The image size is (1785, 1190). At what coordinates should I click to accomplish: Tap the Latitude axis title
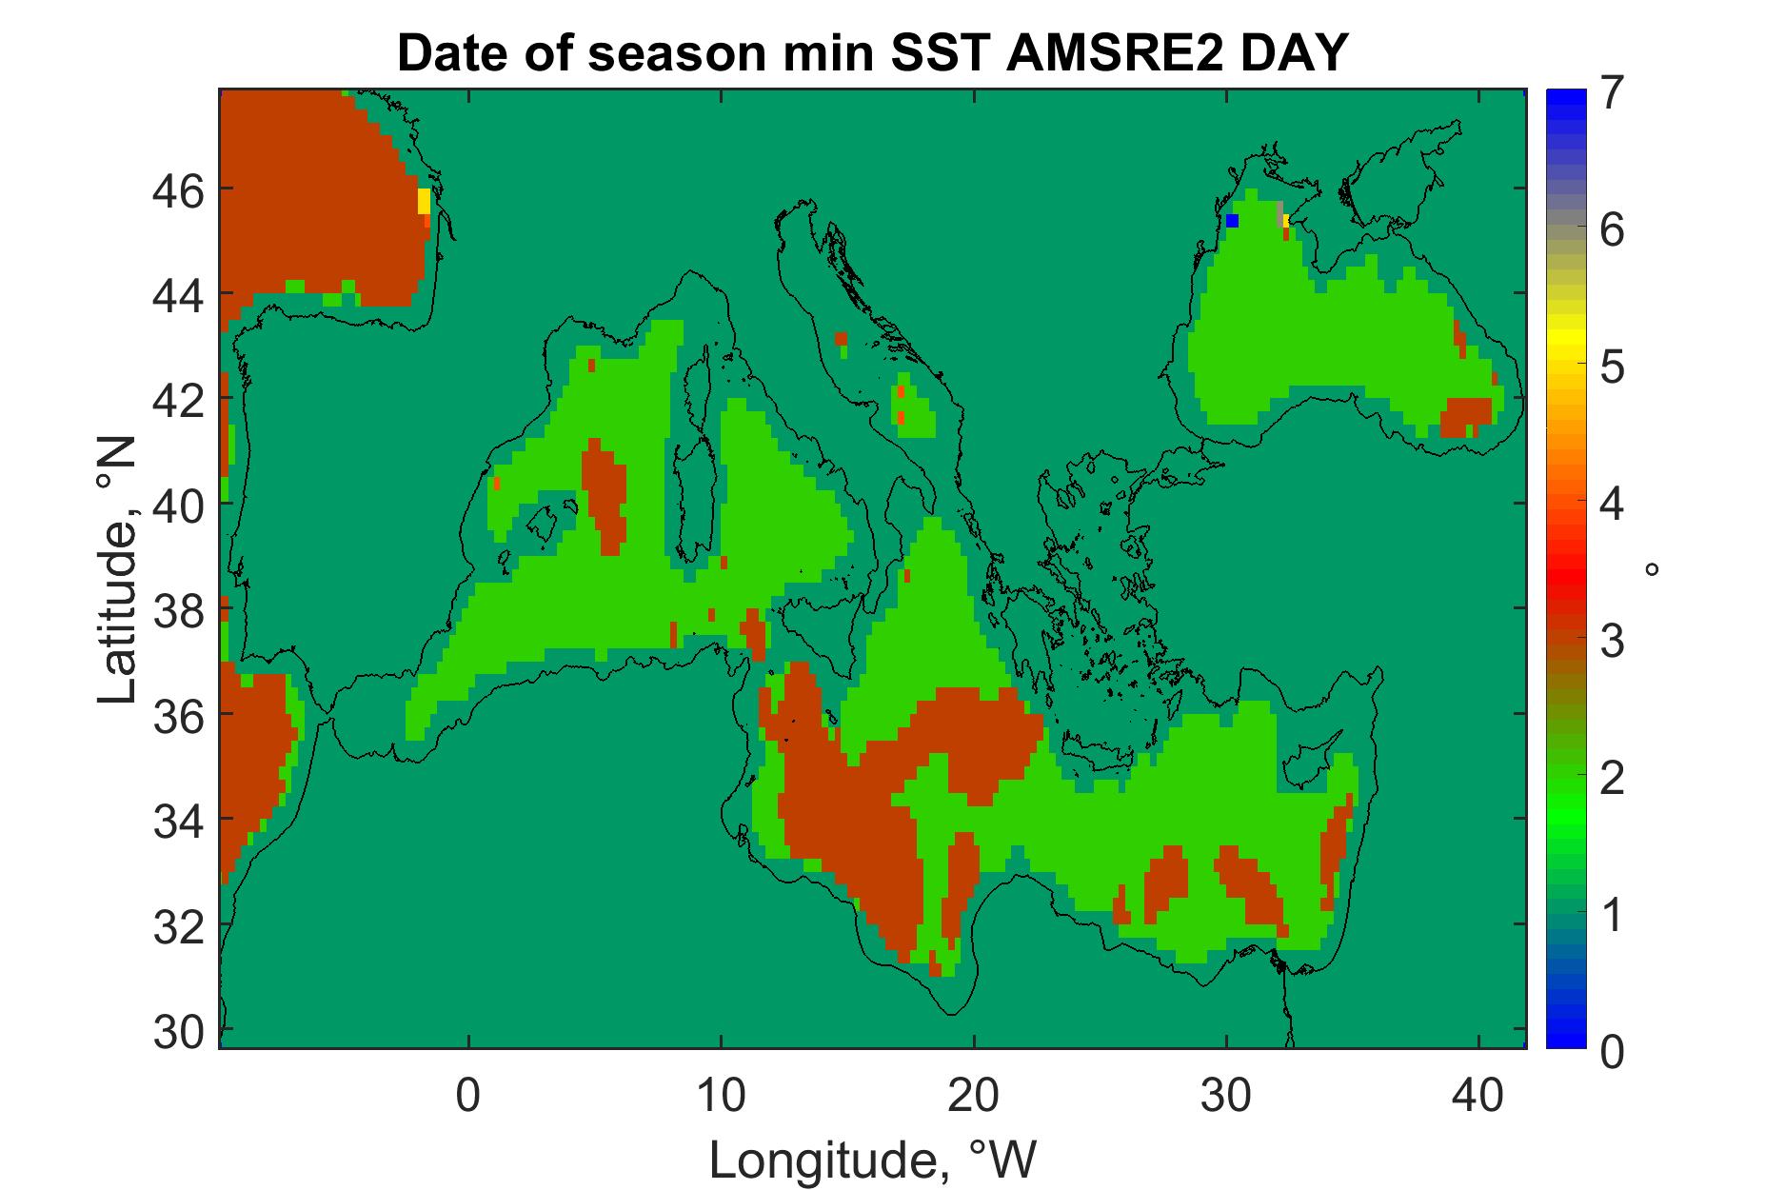coord(119,571)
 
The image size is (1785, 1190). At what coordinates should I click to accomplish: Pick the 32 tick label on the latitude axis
coord(178,924)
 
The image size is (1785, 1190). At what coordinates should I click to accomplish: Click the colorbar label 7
coord(1612,97)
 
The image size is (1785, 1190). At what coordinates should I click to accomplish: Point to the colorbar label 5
coord(1612,368)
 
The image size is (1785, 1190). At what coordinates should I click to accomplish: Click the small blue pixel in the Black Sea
coord(1232,220)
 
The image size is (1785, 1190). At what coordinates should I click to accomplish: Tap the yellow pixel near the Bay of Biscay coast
coord(424,201)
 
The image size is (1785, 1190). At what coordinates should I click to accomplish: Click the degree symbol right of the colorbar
coord(1653,569)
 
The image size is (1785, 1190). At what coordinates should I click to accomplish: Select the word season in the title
coord(669,53)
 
